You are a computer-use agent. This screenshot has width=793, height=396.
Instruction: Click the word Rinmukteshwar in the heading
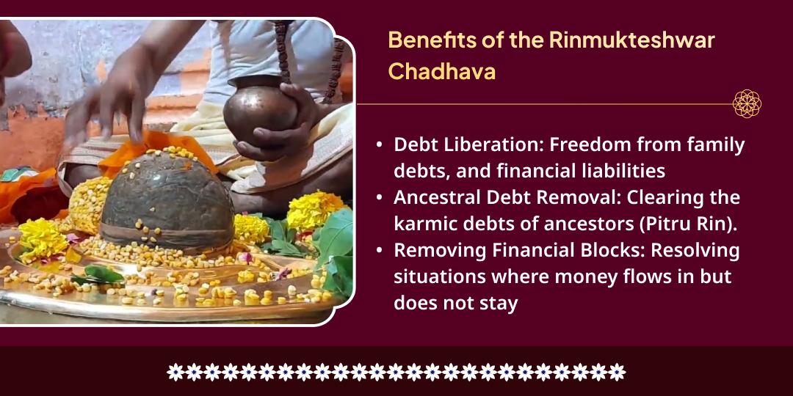pos(631,40)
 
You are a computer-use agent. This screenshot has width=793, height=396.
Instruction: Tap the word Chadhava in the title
pos(441,71)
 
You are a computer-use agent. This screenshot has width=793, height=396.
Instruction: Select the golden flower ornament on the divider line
pos(747,103)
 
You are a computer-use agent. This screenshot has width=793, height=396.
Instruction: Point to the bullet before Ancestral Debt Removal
pos(379,198)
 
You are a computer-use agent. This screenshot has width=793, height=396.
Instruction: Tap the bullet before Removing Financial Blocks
pos(379,251)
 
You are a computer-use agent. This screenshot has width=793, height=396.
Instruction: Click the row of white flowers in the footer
pos(396,372)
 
